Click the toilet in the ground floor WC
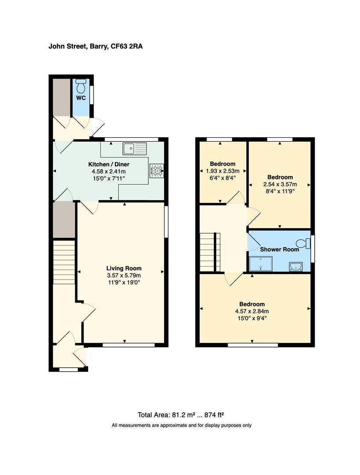pos(81,86)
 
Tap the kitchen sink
pos(134,149)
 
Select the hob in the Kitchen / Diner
pos(157,171)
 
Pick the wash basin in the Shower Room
pos(295,267)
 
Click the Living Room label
pos(124,268)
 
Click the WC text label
pos(81,98)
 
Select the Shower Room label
pos(279,249)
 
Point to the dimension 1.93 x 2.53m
pos(223,171)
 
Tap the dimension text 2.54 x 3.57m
pos(280,184)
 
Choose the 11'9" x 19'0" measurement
pos(124,282)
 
